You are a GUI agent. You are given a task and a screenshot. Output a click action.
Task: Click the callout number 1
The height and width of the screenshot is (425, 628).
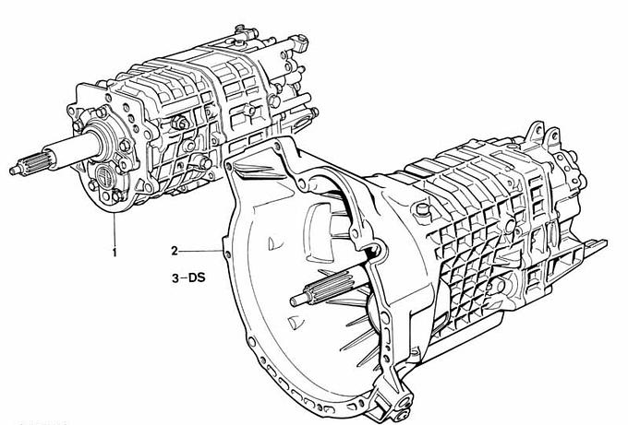pos(115,253)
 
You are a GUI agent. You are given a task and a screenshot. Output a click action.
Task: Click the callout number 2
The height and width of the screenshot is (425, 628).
pos(175,251)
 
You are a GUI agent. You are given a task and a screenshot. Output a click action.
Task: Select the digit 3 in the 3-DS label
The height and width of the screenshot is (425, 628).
pos(175,278)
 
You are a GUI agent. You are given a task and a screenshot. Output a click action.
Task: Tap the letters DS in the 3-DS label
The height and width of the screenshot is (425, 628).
pos(197,277)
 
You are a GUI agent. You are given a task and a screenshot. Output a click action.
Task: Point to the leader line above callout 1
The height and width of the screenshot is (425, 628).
pos(115,228)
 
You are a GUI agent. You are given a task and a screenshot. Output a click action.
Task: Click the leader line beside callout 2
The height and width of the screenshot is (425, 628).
pos(200,251)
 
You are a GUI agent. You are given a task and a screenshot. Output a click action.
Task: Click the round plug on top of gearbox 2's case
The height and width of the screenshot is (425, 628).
pos(422,209)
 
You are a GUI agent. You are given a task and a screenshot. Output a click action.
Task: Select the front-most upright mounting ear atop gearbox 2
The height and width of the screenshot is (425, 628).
pos(535,132)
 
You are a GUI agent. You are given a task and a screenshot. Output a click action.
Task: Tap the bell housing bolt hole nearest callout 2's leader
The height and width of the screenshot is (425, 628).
pos(228,254)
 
